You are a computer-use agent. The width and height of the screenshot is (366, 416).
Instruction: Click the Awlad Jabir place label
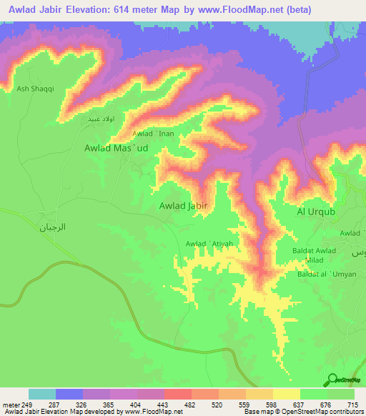click(184, 206)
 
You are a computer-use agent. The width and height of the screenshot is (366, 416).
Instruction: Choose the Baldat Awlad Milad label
click(313, 255)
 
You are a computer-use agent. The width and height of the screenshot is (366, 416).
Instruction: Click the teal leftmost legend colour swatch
click(42, 394)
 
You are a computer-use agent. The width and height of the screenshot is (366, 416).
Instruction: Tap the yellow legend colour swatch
click(287, 394)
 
